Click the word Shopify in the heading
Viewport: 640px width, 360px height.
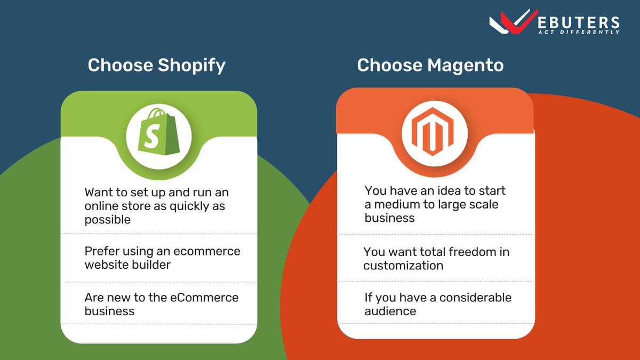191,66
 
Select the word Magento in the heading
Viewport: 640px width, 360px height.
466,66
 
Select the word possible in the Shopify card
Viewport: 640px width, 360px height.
107,220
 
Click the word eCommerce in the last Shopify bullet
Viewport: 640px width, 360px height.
205,297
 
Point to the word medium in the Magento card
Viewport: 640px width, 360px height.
399,204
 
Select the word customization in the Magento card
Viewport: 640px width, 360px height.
403,265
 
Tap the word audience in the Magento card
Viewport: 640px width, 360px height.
390,311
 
